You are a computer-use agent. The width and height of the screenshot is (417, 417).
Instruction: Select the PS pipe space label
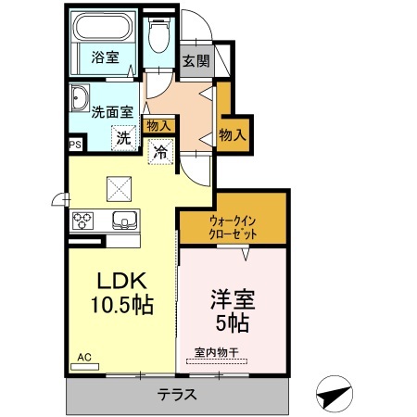point(74,144)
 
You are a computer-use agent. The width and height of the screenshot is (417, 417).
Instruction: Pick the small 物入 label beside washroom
point(158,125)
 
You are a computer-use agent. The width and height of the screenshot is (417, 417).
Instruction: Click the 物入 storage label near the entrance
point(233,134)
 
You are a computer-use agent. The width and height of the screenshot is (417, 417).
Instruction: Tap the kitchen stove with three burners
point(83,221)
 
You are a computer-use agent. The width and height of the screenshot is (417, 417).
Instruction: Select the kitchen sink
point(124,221)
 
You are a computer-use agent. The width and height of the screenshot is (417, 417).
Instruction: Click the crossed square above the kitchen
point(119,188)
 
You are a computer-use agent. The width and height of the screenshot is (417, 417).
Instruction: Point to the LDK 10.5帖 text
point(120,293)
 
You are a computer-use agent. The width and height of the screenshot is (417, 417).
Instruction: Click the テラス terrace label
point(177,394)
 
